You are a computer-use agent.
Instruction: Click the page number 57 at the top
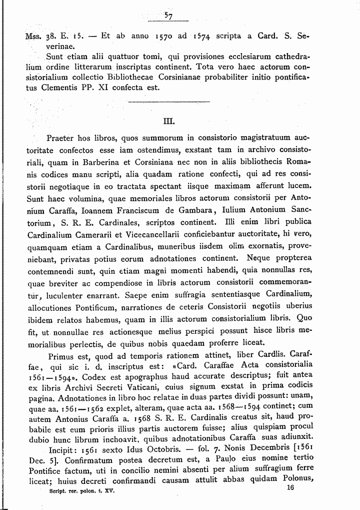168,16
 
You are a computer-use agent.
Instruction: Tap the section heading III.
168,120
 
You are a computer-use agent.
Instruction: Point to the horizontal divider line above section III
168,102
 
